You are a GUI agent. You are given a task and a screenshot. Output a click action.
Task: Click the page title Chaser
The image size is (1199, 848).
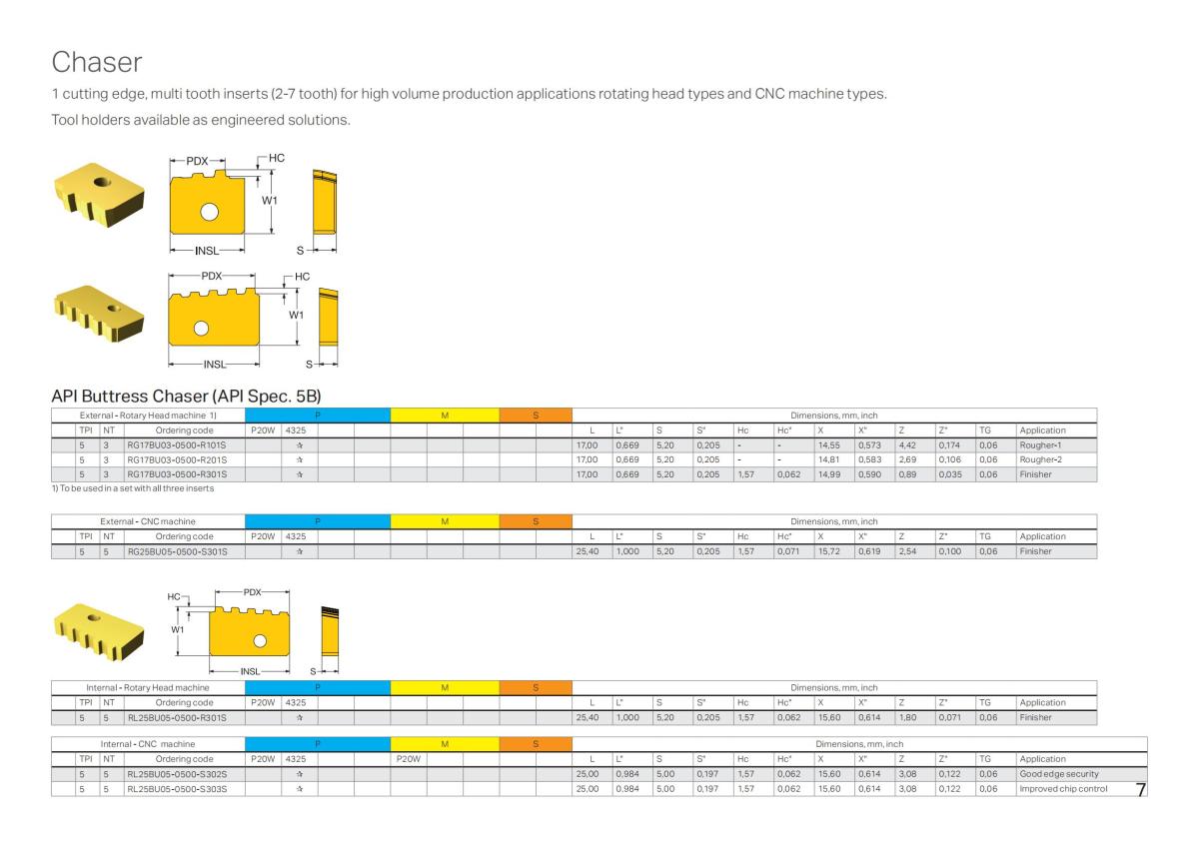click(96, 62)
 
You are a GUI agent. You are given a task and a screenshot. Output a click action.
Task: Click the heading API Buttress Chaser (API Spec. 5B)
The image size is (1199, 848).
click(185, 397)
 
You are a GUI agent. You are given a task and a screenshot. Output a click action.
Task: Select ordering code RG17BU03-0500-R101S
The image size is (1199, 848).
click(177, 444)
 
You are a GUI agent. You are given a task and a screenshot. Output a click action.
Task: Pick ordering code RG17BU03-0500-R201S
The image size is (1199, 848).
click(177, 459)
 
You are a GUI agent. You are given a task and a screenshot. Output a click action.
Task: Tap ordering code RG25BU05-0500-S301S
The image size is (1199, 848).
click(177, 551)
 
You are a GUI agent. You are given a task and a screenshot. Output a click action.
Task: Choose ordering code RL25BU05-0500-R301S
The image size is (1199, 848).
click(177, 717)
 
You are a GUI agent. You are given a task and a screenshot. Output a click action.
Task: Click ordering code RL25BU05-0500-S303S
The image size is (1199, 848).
click(177, 789)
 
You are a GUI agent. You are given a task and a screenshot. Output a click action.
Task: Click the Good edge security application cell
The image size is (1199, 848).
click(1059, 774)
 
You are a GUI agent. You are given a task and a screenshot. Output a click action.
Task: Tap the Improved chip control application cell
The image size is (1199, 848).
click(1063, 789)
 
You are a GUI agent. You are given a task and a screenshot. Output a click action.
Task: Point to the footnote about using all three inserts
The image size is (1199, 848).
click(132, 487)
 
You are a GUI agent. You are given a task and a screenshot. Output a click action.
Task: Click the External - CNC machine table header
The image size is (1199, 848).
click(148, 521)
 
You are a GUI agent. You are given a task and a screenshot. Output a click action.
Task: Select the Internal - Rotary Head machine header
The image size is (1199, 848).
click(148, 687)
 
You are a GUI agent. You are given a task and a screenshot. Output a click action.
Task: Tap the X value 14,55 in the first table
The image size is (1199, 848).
click(828, 444)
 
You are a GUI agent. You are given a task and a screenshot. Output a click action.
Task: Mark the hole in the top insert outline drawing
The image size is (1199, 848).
click(208, 211)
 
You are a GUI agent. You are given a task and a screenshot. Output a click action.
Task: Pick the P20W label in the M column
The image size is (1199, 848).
click(409, 759)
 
